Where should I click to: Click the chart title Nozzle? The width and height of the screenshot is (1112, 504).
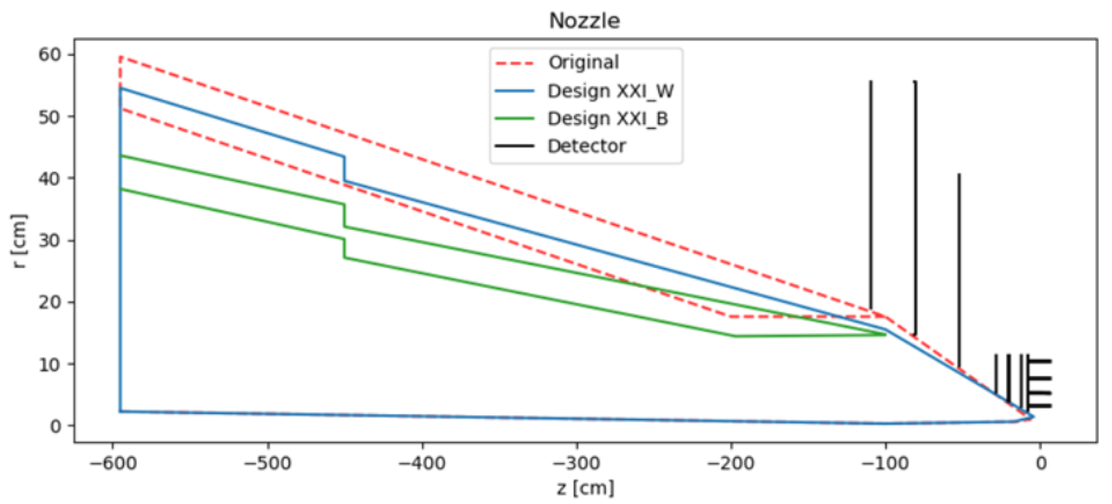pyautogui.click(x=584, y=21)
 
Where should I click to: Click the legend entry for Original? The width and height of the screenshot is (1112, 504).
pyautogui.click(x=583, y=62)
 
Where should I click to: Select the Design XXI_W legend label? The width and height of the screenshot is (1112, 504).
pyautogui.click(x=610, y=91)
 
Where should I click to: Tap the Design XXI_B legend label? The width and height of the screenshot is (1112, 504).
pyautogui.click(x=607, y=118)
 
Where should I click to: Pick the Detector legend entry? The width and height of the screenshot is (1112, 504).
pyautogui.click(x=586, y=146)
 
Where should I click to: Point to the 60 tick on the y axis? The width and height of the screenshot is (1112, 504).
pyautogui.click(x=50, y=55)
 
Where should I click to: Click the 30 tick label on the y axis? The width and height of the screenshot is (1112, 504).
pyautogui.click(x=50, y=240)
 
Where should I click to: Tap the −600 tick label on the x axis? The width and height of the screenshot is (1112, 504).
pyautogui.click(x=113, y=463)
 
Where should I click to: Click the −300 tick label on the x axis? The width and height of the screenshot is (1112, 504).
pyautogui.click(x=577, y=463)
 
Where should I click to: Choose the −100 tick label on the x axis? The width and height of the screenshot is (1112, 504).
pyautogui.click(x=885, y=463)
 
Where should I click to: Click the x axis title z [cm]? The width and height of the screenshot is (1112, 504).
pyautogui.click(x=585, y=488)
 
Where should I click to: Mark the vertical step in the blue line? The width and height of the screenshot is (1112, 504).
pyautogui.click(x=344, y=169)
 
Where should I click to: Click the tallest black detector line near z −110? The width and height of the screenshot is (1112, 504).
pyautogui.click(x=870, y=191)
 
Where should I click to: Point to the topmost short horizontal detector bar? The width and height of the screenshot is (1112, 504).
pyautogui.click(x=1039, y=362)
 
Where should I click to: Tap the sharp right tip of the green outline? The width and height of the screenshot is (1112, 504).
pyautogui.click(x=885, y=334)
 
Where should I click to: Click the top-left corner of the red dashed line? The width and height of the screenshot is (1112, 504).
pyautogui.click(x=121, y=57)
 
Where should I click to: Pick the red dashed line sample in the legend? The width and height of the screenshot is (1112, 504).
pyautogui.click(x=514, y=63)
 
